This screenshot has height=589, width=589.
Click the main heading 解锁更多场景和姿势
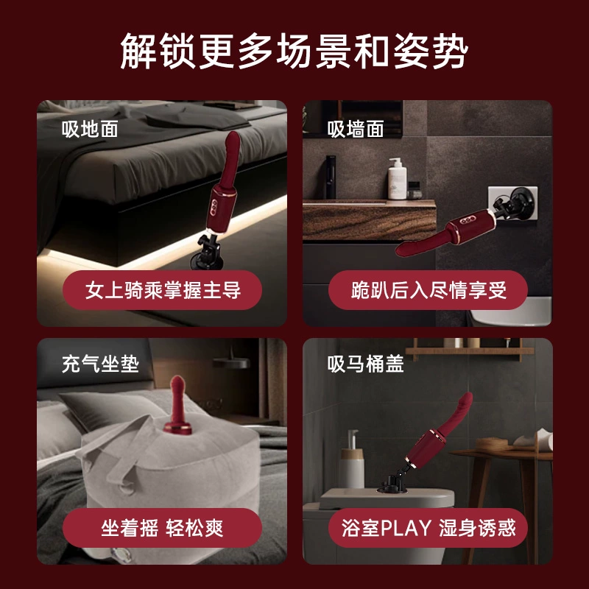294,52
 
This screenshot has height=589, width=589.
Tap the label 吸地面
90,130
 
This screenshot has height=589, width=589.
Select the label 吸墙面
356,130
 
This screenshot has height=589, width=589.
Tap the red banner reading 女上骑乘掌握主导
163,290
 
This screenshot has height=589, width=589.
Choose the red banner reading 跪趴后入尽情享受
428,290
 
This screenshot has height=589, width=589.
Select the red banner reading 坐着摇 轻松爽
162,527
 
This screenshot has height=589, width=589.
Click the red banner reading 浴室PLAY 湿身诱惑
428,527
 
